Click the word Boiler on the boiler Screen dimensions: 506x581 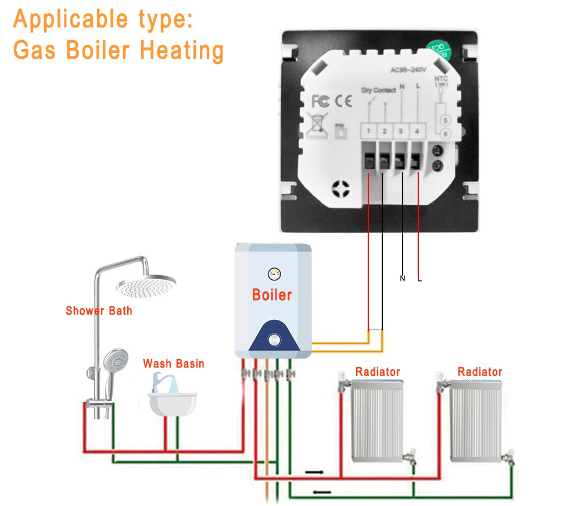272,295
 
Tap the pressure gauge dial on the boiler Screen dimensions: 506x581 273,273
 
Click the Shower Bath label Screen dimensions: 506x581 99,311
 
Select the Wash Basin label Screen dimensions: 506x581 174,364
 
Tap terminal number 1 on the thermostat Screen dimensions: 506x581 368,131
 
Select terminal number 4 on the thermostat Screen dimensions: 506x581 417,131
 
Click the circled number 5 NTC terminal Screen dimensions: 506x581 445,120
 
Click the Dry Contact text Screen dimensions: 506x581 378,90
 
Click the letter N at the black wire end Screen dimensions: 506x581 402,279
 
